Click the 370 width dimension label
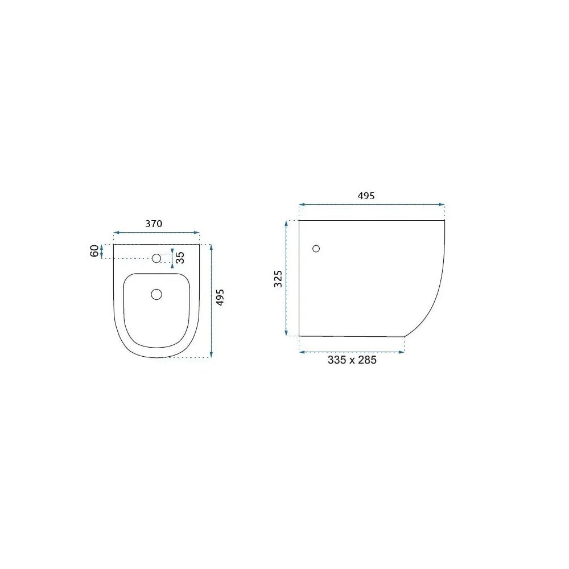pos(154,224)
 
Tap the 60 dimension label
pos(94,251)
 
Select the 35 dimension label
pos(180,257)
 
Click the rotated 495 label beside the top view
pos(220,298)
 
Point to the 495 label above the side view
pos(366,196)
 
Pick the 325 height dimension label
pos(278,279)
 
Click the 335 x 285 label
pos(352,360)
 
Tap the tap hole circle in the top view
pos(156,258)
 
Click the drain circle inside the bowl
pos(156,294)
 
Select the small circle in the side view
pos(316,249)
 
